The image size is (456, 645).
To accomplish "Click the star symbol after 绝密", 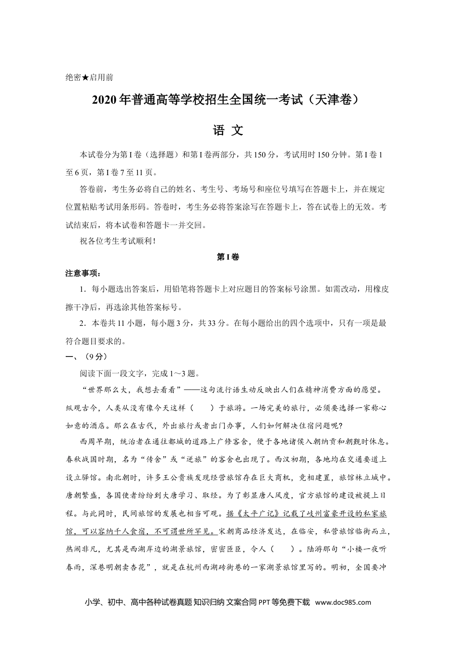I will [85, 77].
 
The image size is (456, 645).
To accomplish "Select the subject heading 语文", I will [228, 131].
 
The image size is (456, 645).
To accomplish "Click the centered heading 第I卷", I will [228, 257].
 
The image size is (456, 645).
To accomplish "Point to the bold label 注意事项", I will [83, 274].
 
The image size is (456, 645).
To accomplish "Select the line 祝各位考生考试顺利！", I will [118, 242].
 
